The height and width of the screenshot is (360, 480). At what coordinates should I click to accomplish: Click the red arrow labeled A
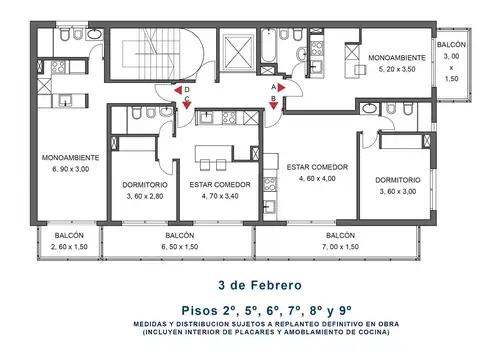click(x=282, y=88)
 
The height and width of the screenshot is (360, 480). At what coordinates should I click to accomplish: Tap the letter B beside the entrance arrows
click(x=273, y=98)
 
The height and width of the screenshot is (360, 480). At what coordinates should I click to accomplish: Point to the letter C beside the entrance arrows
click(x=186, y=98)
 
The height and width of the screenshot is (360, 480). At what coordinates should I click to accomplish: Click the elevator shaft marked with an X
click(x=238, y=50)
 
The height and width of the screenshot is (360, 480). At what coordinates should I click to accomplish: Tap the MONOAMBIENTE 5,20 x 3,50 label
click(x=398, y=65)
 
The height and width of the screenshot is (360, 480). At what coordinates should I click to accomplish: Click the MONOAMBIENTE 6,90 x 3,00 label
click(x=70, y=164)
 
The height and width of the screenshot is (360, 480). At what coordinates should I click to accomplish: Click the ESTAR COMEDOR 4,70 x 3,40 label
click(x=219, y=191)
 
